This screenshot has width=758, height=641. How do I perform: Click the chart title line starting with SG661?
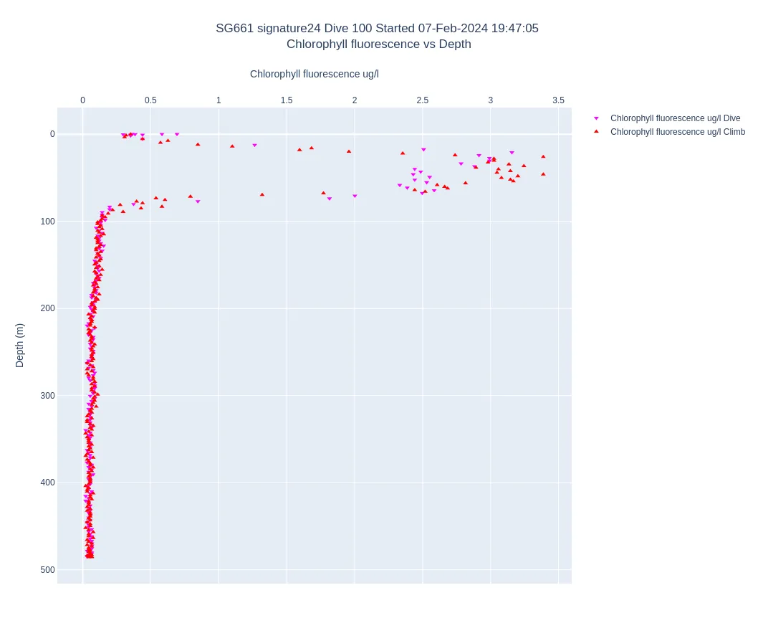coord(377,29)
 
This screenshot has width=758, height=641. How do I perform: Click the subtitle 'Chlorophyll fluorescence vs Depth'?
coord(378,44)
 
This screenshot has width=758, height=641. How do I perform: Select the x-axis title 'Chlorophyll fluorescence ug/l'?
coord(314,74)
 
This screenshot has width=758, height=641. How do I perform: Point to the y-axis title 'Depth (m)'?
coord(20,345)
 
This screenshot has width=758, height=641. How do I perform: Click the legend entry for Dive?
coord(675,118)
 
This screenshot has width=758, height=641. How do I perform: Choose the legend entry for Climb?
coord(677,132)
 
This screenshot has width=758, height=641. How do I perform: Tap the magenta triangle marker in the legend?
coord(596,118)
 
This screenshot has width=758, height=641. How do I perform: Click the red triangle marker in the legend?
coord(596,132)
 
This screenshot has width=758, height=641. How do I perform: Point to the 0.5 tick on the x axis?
coord(150,100)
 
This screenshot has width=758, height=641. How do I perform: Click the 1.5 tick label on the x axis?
coord(287,100)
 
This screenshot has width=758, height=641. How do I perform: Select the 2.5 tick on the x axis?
coord(423,100)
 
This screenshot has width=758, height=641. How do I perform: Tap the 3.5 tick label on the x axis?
coord(558,100)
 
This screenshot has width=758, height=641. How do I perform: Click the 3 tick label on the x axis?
coord(491,100)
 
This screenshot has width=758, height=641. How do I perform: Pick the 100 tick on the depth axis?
coord(47,222)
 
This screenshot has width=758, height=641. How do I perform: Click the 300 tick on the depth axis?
coord(47,396)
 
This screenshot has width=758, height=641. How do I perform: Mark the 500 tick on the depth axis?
coord(47,570)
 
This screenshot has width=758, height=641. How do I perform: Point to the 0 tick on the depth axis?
coord(52,134)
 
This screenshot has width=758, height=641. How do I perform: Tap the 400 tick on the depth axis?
coord(47,483)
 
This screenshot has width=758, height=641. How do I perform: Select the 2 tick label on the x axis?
coord(355,100)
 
